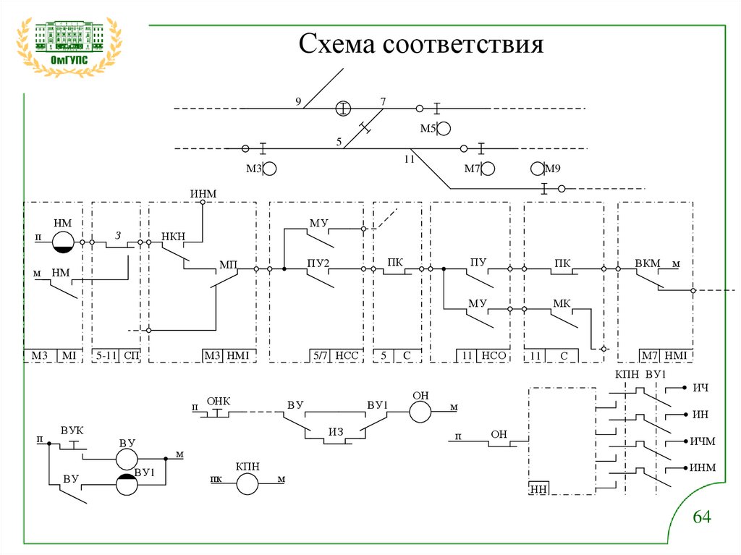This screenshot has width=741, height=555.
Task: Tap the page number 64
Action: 703,517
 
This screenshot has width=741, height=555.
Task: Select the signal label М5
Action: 428,129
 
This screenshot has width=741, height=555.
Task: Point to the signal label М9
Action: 553,169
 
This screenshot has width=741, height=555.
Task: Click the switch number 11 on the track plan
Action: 409,159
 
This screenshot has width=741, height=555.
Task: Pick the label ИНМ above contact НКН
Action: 203,192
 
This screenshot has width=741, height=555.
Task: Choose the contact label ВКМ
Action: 648,263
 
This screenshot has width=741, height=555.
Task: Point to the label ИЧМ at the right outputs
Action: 701,441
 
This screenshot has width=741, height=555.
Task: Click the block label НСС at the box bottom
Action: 347,355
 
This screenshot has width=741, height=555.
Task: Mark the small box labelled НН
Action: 538,488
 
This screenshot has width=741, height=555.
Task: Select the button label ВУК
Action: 72,431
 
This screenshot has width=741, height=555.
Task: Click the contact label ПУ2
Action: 318,263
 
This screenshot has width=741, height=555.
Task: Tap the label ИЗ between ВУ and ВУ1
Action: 335,432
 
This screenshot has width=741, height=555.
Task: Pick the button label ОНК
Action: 217,400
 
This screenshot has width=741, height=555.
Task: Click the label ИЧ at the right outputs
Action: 700,389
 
